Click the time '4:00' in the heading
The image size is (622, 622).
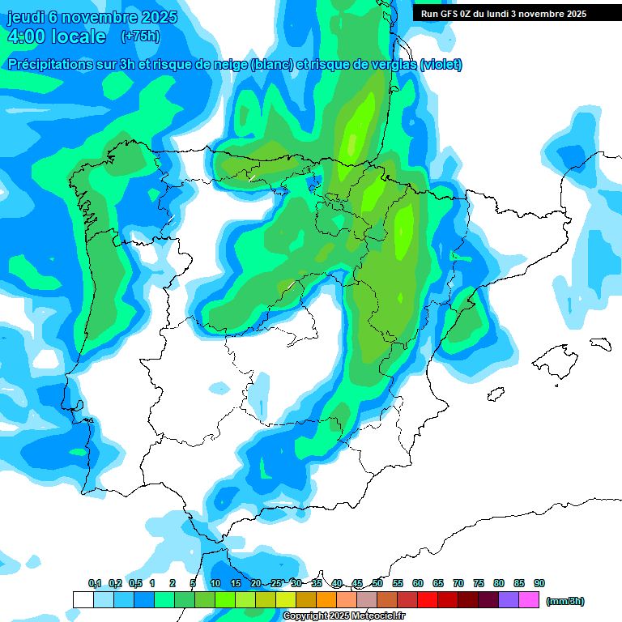point(27,36)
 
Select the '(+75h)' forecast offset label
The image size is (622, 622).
point(141,36)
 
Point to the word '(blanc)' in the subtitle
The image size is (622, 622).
point(271,65)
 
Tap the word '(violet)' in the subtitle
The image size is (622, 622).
point(441,65)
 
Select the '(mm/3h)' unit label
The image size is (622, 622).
point(565,601)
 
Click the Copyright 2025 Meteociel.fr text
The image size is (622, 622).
point(344,616)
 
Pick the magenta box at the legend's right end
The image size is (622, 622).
point(529,599)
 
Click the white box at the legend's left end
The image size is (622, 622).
point(83,599)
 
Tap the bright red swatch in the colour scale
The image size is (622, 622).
point(428,599)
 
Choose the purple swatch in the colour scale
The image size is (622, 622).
point(509,599)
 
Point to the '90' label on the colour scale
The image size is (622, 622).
point(539,584)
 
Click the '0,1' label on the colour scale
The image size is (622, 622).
point(95,584)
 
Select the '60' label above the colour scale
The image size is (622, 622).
point(418,584)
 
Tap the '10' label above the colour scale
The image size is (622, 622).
point(215,584)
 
